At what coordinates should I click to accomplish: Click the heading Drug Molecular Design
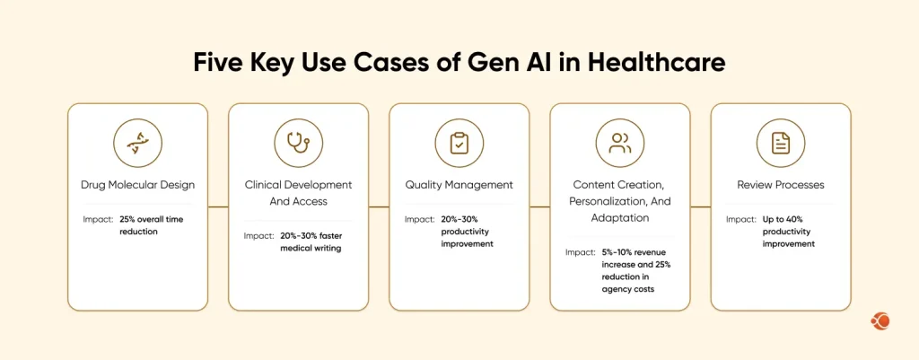pyautogui.click(x=137, y=185)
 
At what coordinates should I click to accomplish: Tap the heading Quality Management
pyautogui.click(x=459, y=185)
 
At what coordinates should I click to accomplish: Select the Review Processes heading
pyautogui.click(x=780, y=185)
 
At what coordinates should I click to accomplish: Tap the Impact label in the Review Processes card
pyautogui.click(x=741, y=219)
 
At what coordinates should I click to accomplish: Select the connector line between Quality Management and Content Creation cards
pyautogui.click(x=538, y=207)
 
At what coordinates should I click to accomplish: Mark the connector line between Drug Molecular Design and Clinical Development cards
pyautogui.click(x=217, y=207)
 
